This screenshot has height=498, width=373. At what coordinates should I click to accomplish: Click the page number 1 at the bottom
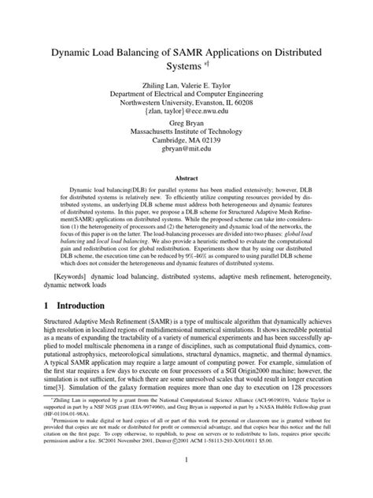pyautogui.click(x=186, y=482)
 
